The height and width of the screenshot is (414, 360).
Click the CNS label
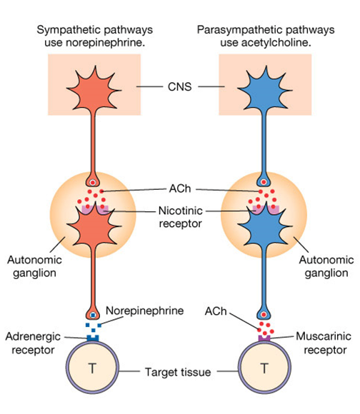179,86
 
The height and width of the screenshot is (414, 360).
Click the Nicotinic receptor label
181,217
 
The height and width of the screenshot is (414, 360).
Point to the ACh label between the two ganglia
180,188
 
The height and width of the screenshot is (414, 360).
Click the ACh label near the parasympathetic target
216,311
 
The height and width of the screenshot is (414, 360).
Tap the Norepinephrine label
145,310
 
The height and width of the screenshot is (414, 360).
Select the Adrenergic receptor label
33,343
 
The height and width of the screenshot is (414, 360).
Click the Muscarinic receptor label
324,343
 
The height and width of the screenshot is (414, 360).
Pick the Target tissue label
178,373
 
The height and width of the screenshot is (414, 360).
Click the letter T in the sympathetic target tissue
92,368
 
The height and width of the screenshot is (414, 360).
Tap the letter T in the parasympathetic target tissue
264,368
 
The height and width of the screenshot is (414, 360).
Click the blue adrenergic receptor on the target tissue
93,338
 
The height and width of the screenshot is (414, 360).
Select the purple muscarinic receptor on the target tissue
264,338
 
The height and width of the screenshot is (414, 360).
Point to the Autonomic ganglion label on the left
34,266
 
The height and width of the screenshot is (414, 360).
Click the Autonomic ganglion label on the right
326,266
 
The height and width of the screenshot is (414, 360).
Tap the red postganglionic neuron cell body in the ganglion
94,226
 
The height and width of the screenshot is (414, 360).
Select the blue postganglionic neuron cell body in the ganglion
265,226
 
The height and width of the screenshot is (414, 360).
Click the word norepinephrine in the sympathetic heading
106,43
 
